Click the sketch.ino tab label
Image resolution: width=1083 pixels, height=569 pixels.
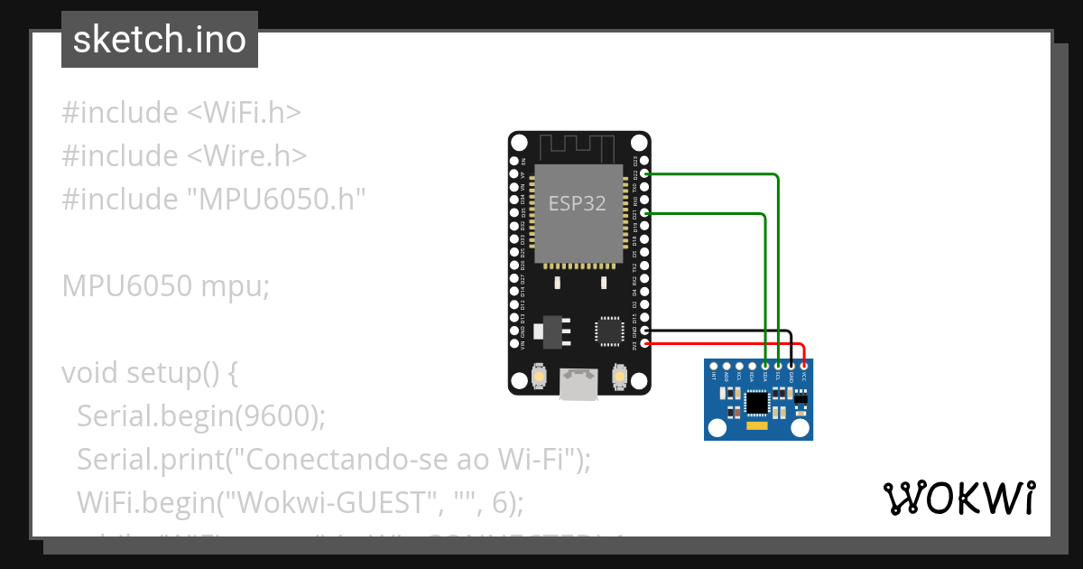coord(160,40)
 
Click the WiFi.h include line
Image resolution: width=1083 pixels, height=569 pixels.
coord(180,113)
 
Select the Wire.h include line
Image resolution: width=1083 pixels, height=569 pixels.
coord(184,156)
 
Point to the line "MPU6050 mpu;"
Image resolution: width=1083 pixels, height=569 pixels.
coord(166,286)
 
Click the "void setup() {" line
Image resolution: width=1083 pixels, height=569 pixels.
coord(149,373)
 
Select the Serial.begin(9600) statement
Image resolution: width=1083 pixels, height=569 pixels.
coord(200,416)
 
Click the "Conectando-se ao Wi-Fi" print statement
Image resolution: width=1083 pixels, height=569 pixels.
coord(334,460)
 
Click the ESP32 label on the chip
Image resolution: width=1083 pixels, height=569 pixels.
coord(578,204)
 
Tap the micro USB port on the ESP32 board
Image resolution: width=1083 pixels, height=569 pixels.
coord(578,383)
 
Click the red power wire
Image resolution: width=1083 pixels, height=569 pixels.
coord(722,344)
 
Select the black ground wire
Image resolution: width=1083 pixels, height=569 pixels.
coord(722,332)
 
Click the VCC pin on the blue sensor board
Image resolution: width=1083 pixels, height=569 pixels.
coord(803,365)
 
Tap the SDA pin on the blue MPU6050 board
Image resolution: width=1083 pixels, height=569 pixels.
coord(765,365)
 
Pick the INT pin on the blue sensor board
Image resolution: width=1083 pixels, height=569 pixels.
coord(714,365)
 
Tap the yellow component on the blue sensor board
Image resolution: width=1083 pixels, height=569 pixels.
coord(757,424)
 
